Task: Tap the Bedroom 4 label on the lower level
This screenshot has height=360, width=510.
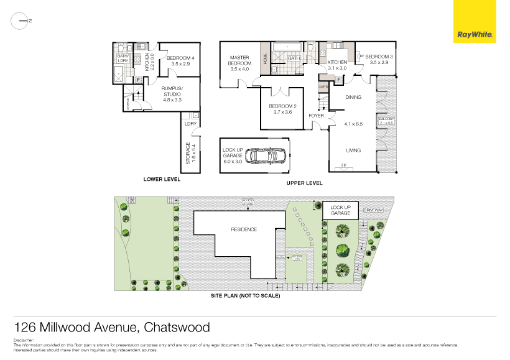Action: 180,58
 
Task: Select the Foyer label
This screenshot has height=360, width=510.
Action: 316,116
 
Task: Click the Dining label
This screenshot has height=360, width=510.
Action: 353,97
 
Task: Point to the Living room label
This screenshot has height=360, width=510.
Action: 353,150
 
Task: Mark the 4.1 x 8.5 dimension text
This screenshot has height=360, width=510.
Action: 353,124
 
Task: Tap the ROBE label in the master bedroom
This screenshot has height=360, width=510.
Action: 266,59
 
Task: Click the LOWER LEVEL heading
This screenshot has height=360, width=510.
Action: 162,179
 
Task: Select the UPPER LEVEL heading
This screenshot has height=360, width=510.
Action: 304,183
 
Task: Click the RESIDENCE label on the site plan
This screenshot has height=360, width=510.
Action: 244,229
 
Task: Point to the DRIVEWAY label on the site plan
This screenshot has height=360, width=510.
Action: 374,210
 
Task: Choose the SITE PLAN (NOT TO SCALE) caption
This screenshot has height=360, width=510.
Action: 246,296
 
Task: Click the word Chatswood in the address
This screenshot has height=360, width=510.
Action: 177,327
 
